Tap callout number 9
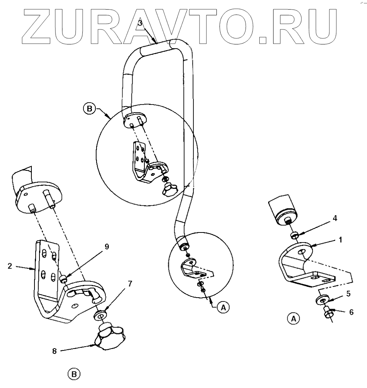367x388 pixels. (x=106, y=247)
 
